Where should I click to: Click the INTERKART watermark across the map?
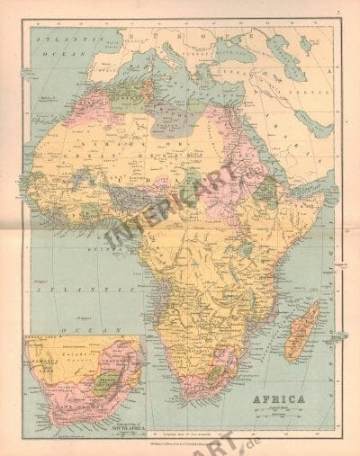point(180,207)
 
